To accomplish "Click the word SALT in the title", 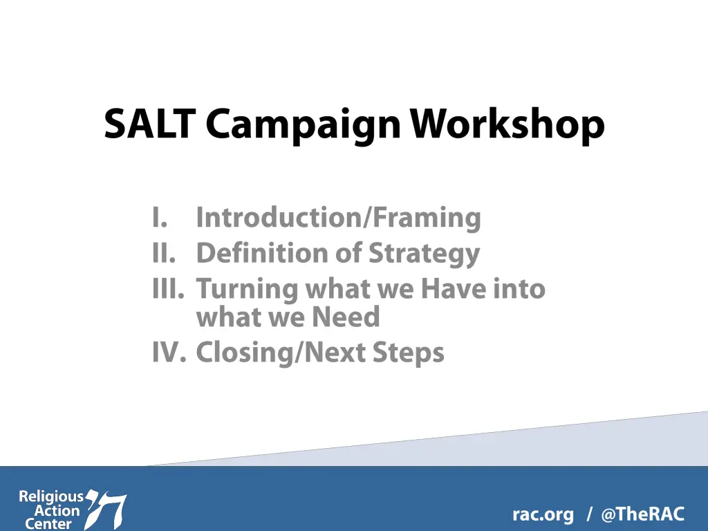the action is [149, 124].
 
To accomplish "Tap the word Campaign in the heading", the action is [303, 127].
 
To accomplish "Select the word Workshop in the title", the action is [507, 127].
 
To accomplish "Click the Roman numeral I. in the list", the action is [160, 218].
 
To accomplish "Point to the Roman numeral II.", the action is [164, 253].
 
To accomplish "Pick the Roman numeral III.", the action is [169, 288].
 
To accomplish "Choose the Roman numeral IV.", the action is [169, 352].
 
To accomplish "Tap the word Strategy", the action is [424, 254].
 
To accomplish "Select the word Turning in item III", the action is [247, 290].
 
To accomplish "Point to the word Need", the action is [346, 317].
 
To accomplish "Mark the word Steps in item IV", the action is [409, 353].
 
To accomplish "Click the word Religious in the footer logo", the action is [51, 497].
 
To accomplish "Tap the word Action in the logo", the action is [57, 511].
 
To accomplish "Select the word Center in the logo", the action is [48, 524].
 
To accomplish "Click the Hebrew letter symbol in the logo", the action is [106, 509].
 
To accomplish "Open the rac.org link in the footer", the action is [543, 514].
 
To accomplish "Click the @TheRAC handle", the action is [643, 514].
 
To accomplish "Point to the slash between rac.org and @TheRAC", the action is [589, 514].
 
